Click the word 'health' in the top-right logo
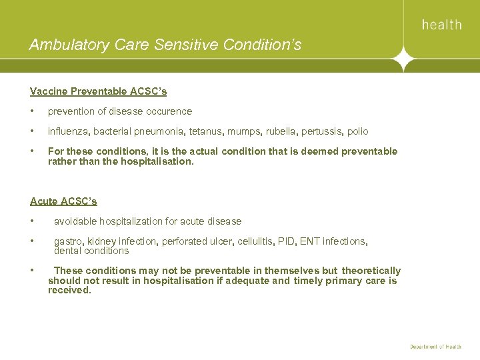441,25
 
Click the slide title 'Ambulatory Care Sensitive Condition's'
165,45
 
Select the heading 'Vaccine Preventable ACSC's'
98,91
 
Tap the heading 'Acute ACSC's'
63,201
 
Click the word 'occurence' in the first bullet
169,111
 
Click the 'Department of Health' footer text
436,347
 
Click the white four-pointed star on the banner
403,59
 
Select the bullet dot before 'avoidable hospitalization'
32,221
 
